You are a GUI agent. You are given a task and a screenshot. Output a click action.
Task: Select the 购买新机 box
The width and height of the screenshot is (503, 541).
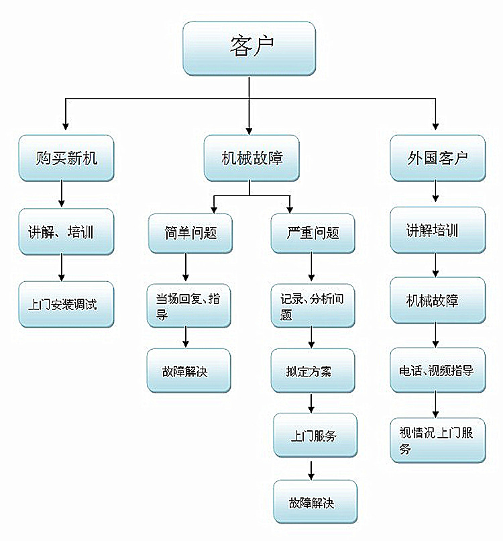click(x=66, y=158)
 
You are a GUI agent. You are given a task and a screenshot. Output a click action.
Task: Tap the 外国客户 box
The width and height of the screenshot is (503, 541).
click(x=437, y=158)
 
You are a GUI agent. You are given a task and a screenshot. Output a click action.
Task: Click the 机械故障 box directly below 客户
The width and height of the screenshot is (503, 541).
click(x=251, y=158)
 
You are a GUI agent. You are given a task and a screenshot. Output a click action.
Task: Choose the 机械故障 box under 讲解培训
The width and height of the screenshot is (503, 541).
click(x=437, y=299)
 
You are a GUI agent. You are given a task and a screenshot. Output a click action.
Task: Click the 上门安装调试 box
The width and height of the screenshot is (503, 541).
click(x=66, y=304)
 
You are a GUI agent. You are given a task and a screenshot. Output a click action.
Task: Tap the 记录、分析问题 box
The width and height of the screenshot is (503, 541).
click(x=313, y=306)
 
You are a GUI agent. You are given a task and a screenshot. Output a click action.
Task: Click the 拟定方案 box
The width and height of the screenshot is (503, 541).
click(x=313, y=371)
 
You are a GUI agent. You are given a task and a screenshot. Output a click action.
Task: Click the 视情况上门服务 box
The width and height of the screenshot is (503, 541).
click(x=437, y=440)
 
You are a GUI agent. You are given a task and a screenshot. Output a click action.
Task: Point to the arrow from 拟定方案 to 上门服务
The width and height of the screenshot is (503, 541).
click(x=311, y=403)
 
